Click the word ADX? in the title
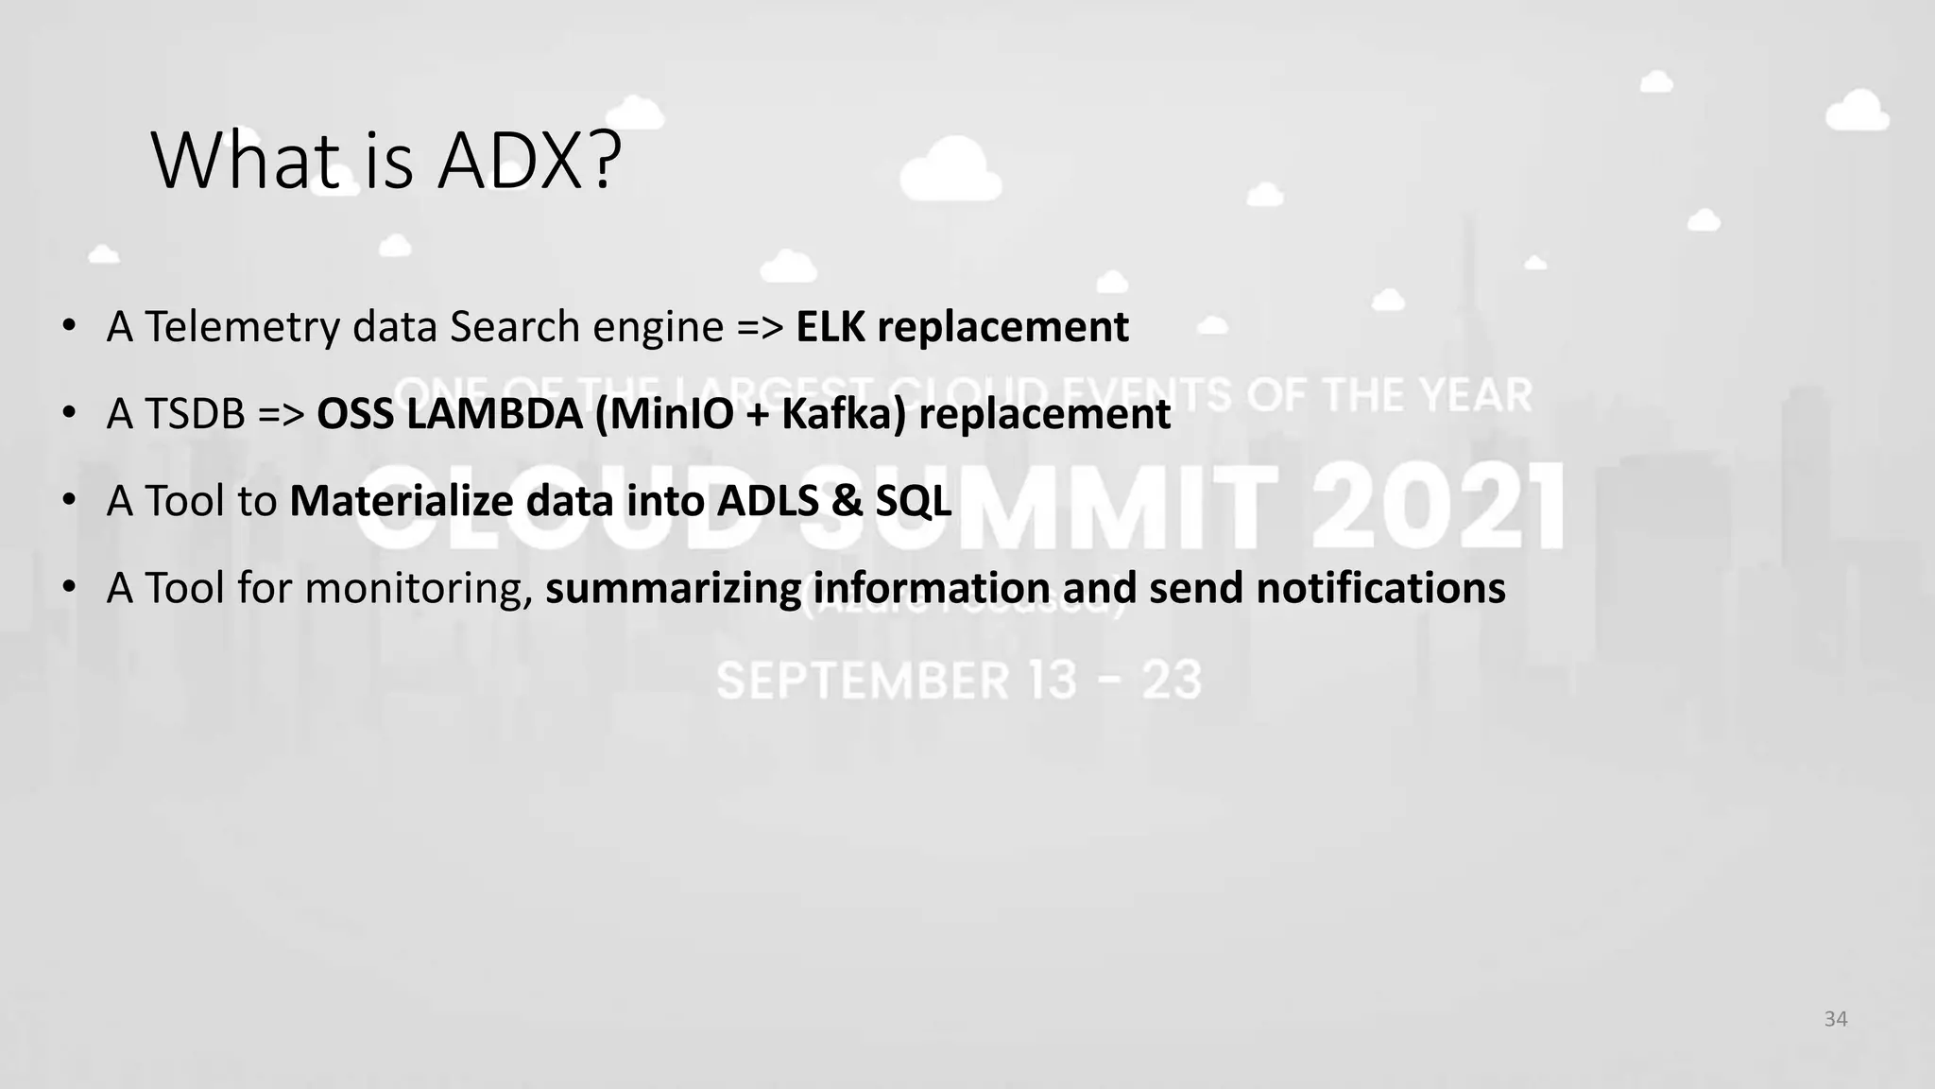pos(529,161)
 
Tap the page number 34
pos(1835,1019)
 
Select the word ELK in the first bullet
pos(830,327)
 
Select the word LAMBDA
pos(495,414)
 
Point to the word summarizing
pos(673,588)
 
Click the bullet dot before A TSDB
pos(69,414)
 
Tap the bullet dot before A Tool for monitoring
pos(69,588)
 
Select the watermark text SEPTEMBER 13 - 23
pos(958,681)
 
